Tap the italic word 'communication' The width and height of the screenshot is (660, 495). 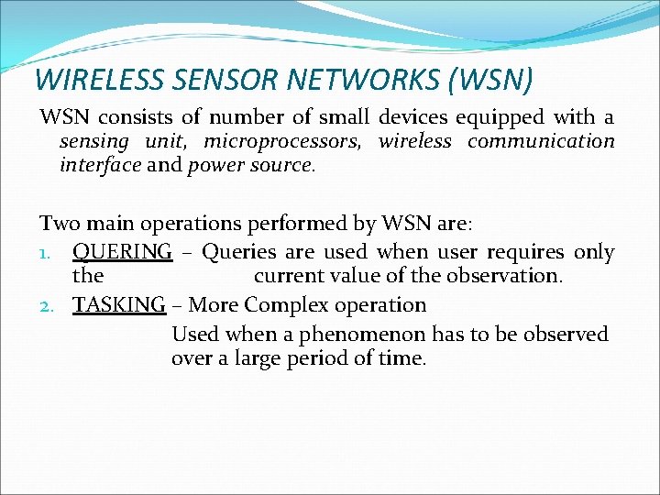pos(541,141)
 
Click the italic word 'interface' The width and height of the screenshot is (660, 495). pos(99,166)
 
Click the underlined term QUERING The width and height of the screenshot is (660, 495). pos(122,251)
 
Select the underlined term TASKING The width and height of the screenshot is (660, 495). pos(119,304)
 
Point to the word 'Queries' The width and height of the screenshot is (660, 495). pos(236,251)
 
